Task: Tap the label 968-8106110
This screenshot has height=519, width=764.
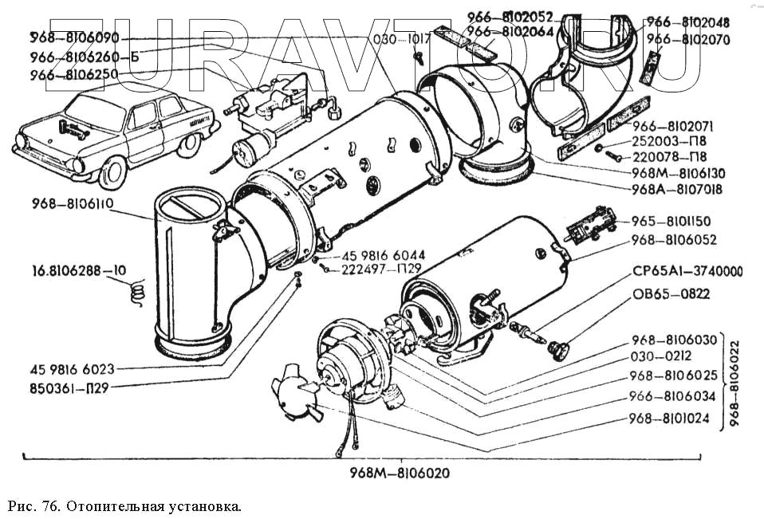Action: click(73, 203)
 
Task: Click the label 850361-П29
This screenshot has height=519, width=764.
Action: click(73, 388)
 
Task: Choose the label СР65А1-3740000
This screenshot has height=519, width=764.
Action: click(687, 273)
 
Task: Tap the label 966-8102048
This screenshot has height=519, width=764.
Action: click(687, 22)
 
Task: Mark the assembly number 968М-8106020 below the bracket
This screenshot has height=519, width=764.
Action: click(400, 473)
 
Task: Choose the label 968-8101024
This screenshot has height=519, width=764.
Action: click(668, 418)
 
